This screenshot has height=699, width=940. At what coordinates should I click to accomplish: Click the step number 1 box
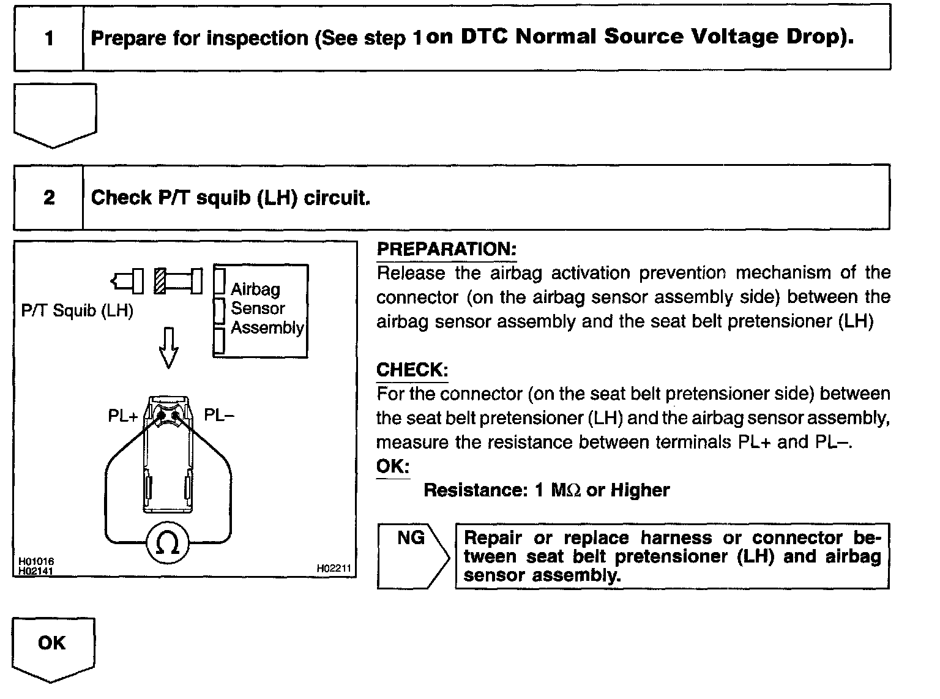[49, 39]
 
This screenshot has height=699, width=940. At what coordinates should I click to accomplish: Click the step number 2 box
[49, 198]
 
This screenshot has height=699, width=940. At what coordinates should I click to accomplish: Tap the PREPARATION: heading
[446, 249]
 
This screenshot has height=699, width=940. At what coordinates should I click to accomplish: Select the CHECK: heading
[412, 370]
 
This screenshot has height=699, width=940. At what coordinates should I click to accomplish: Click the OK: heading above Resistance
[392, 466]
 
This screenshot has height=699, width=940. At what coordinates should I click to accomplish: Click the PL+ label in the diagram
[123, 416]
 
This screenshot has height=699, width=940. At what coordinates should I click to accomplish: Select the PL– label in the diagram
[219, 416]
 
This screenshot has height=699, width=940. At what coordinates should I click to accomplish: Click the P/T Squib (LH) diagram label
[77, 310]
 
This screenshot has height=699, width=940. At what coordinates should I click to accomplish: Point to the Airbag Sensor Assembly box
[261, 310]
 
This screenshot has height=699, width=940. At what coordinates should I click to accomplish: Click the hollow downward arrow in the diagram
[168, 347]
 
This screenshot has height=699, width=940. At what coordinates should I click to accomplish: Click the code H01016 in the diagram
[32, 561]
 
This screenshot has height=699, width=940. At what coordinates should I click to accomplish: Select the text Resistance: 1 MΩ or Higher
[546, 490]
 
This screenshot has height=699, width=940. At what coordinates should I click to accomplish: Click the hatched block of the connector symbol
[160, 281]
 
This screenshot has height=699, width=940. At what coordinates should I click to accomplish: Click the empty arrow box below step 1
[55, 113]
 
